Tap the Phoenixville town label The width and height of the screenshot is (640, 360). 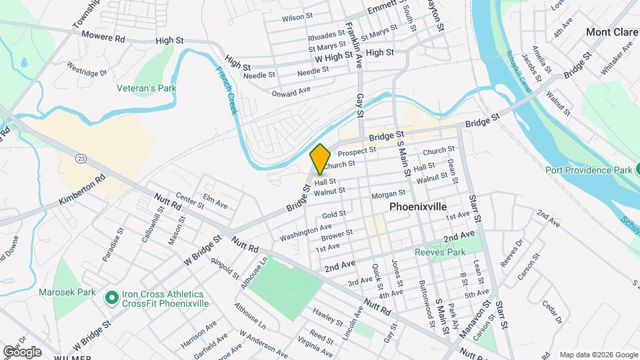click(x=418, y=207)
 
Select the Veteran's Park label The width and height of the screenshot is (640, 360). click(x=141, y=88)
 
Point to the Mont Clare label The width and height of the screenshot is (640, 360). click(x=608, y=31)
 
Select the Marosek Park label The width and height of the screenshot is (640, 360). click(x=67, y=292)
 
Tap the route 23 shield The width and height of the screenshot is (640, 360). click(x=81, y=158)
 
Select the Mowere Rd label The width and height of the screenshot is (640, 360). click(x=101, y=39)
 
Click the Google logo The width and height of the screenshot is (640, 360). click(x=21, y=351)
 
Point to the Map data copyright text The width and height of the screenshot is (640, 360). click(x=598, y=354)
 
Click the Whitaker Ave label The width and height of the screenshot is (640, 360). click(x=617, y=57)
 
